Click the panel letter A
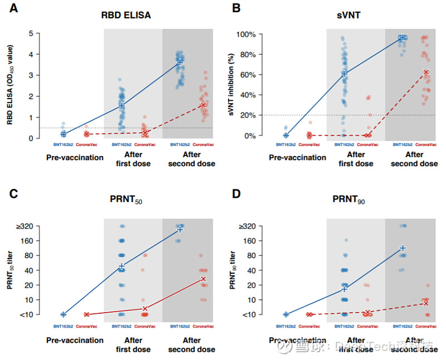(x=12, y=9)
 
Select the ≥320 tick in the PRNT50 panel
(x=25, y=226)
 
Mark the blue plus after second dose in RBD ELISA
(x=180, y=64)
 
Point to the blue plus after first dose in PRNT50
(x=122, y=266)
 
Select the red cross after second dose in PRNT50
(x=203, y=279)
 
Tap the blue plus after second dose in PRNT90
(x=402, y=247)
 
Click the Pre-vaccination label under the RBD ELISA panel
(x=75, y=157)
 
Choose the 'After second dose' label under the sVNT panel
(x=414, y=159)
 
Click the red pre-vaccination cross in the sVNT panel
(x=309, y=135)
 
